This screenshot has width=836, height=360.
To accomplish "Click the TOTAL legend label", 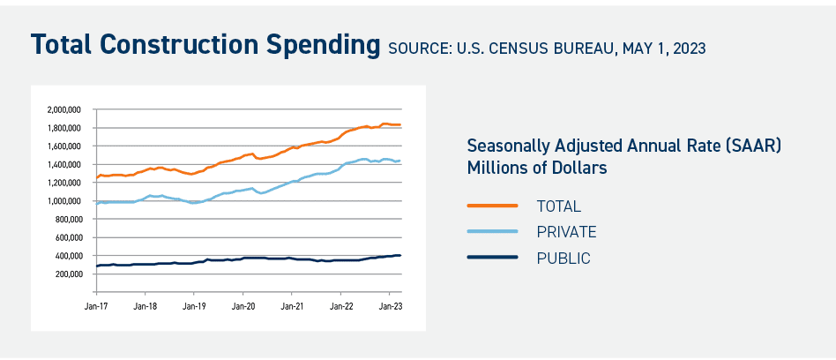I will [559, 206].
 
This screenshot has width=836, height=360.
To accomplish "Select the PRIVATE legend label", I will [566, 232].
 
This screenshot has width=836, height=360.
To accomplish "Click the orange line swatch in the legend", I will [492, 206].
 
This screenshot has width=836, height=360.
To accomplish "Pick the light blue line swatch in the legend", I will [492, 232].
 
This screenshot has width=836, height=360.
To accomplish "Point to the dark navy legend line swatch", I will [492, 259].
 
